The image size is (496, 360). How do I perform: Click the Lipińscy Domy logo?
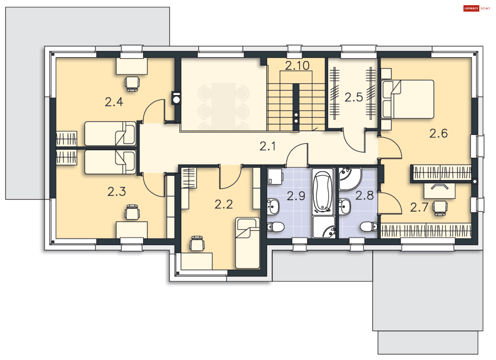tap(476, 8)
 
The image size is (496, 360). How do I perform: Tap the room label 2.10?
tap(297, 66)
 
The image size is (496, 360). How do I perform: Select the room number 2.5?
tap(353, 97)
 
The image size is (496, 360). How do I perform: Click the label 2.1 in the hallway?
tap(267, 146)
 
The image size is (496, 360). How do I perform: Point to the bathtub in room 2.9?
tap(322, 191)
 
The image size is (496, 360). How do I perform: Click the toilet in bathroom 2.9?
tap(276, 227)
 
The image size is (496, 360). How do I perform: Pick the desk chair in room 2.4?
tap(132, 84)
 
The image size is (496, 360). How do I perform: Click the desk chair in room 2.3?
tap(132, 212)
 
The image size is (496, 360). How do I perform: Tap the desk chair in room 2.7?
tap(440, 208)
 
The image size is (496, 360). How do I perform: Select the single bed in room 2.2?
tap(247, 243)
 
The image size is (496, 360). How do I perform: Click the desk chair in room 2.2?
tap(197, 243)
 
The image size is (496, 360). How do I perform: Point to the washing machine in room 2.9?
tap(275, 176)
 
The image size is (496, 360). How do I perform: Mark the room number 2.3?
tap(117, 192)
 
